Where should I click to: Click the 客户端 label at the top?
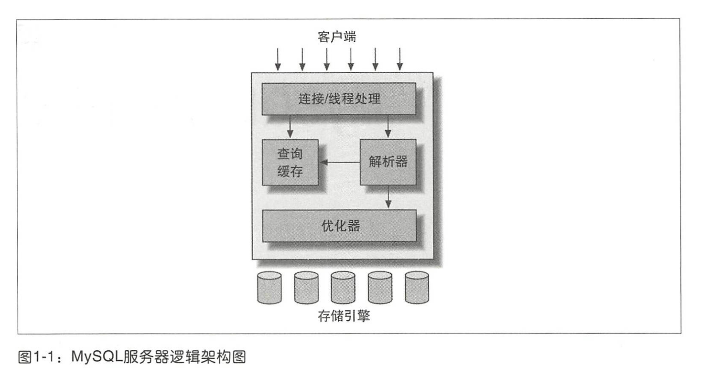(x=337, y=36)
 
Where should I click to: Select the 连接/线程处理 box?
(x=339, y=99)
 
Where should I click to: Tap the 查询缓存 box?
(x=290, y=163)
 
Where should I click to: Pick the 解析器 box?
(x=388, y=162)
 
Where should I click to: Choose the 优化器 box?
(x=340, y=226)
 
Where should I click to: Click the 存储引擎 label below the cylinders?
(x=344, y=316)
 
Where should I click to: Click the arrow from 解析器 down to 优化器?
(x=388, y=197)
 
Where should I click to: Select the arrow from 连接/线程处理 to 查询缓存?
(x=290, y=127)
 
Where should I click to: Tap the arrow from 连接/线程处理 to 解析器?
(x=388, y=127)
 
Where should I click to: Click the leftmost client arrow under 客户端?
(x=278, y=59)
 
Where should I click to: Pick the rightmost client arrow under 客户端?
(x=400, y=59)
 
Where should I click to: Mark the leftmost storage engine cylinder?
(x=269, y=288)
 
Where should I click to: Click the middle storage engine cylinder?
(x=343, y=288)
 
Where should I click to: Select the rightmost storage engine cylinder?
(x=417, y=288)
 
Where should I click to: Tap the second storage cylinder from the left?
(x=306, y=288)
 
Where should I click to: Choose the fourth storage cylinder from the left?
(x=380, y=288)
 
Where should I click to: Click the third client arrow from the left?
(x=327, y=59)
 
